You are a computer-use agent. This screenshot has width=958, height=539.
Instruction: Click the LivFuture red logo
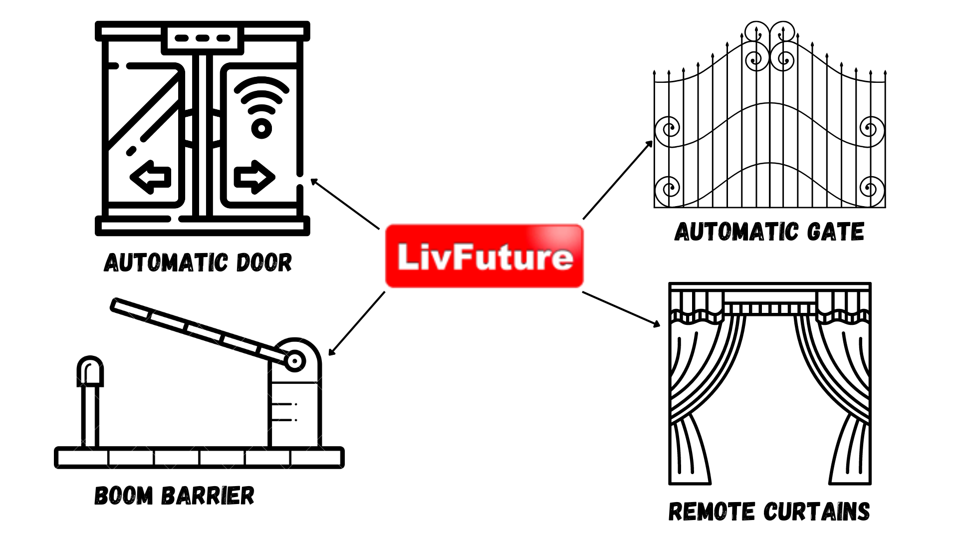tap(484, 256)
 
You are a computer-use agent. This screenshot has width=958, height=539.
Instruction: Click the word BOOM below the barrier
tap(124, 496)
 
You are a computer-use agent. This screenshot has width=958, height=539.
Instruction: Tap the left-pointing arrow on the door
tap(151, 177)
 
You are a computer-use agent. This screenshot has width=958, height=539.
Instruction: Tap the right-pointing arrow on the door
tap(254, 177)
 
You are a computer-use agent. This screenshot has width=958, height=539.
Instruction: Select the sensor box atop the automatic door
tap(203, 38)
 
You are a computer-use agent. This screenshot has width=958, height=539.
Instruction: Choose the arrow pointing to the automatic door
tap(344, 204)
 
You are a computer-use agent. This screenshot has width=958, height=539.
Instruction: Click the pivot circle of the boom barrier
tap(294, 360)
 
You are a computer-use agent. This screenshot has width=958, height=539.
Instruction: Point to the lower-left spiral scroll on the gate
tap(667, 189)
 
